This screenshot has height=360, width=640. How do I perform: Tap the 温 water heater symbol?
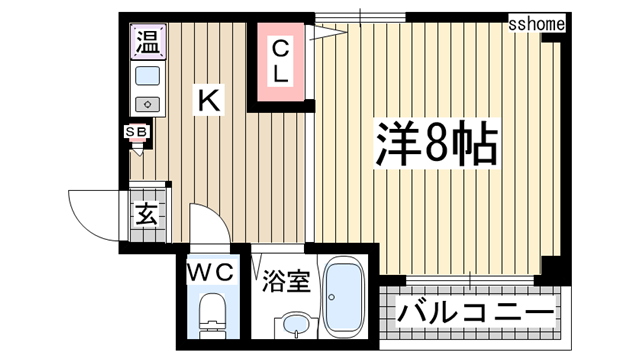click(x=148, y=43)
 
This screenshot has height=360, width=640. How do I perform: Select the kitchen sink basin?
click(x=148, y=76)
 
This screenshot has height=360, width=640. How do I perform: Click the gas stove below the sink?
click(x=148, y=103)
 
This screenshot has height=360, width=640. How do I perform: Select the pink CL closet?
click(x=279, y=61)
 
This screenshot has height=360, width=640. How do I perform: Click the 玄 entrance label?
click(x=146, y=212)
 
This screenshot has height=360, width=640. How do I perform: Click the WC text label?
click(x=210, y=271)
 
